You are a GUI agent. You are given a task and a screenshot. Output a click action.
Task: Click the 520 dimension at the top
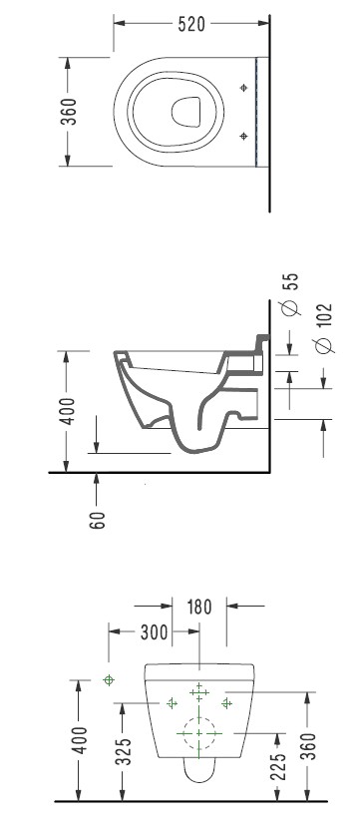[x=191, y=24]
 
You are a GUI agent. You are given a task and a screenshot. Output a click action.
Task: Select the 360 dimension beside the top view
[x=69, y=112]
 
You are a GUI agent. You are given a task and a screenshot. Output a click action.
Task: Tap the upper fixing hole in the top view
[x=243, y=88]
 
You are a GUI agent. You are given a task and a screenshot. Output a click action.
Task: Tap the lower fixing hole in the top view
[x=243, y=137]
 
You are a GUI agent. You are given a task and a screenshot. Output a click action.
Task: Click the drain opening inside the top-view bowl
[x=186, y=112]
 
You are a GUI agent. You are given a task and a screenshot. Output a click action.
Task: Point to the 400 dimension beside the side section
[x=67, y=411]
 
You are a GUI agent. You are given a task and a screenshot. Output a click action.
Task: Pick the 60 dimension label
[x=98, y=520]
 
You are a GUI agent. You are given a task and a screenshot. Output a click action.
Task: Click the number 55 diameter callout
[x=290, y=281]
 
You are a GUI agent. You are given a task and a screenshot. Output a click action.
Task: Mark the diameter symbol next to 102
[x=323, y=345]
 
